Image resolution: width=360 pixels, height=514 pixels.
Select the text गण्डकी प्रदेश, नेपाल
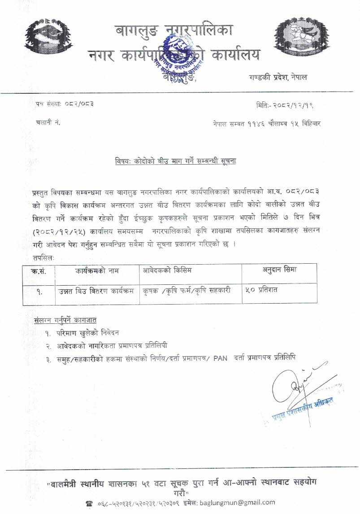click(278, 77)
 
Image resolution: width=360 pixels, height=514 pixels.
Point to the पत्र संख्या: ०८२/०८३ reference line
click(65, 105)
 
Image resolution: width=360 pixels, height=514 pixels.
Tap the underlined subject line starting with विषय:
click(176, 161)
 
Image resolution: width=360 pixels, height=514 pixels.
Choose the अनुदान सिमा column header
click(279, 270)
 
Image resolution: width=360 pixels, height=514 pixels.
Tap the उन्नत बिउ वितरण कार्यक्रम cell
click(96, 291)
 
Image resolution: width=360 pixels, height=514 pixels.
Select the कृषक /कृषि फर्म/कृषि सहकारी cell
click(187, 291)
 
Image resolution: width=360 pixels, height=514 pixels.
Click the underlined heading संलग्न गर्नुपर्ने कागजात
click(65, 320)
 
